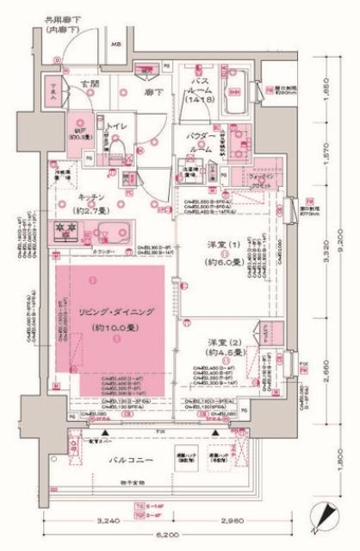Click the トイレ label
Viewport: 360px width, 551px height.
[118, 126]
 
